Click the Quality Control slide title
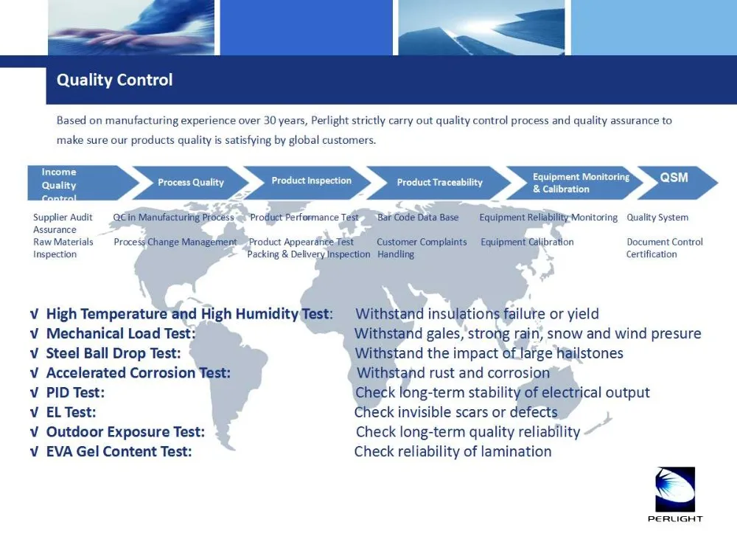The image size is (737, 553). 115,80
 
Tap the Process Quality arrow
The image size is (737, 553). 191,182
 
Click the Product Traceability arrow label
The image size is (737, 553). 439,182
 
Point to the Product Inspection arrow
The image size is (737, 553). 308,182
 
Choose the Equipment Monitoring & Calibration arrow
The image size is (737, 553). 574,182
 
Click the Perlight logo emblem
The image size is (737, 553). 675,489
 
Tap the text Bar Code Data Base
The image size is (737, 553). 418,218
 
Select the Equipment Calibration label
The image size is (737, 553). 527,242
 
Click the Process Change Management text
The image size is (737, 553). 175,242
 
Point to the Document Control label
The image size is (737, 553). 665,242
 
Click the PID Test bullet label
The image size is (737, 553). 75,393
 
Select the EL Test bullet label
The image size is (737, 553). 71,412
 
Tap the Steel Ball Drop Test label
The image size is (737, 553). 113,353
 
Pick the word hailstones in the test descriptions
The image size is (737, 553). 590,353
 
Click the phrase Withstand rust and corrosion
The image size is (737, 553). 453,373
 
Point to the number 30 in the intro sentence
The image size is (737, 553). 270,120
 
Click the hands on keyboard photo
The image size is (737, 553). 131,27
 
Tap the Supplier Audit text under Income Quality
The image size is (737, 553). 63,218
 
